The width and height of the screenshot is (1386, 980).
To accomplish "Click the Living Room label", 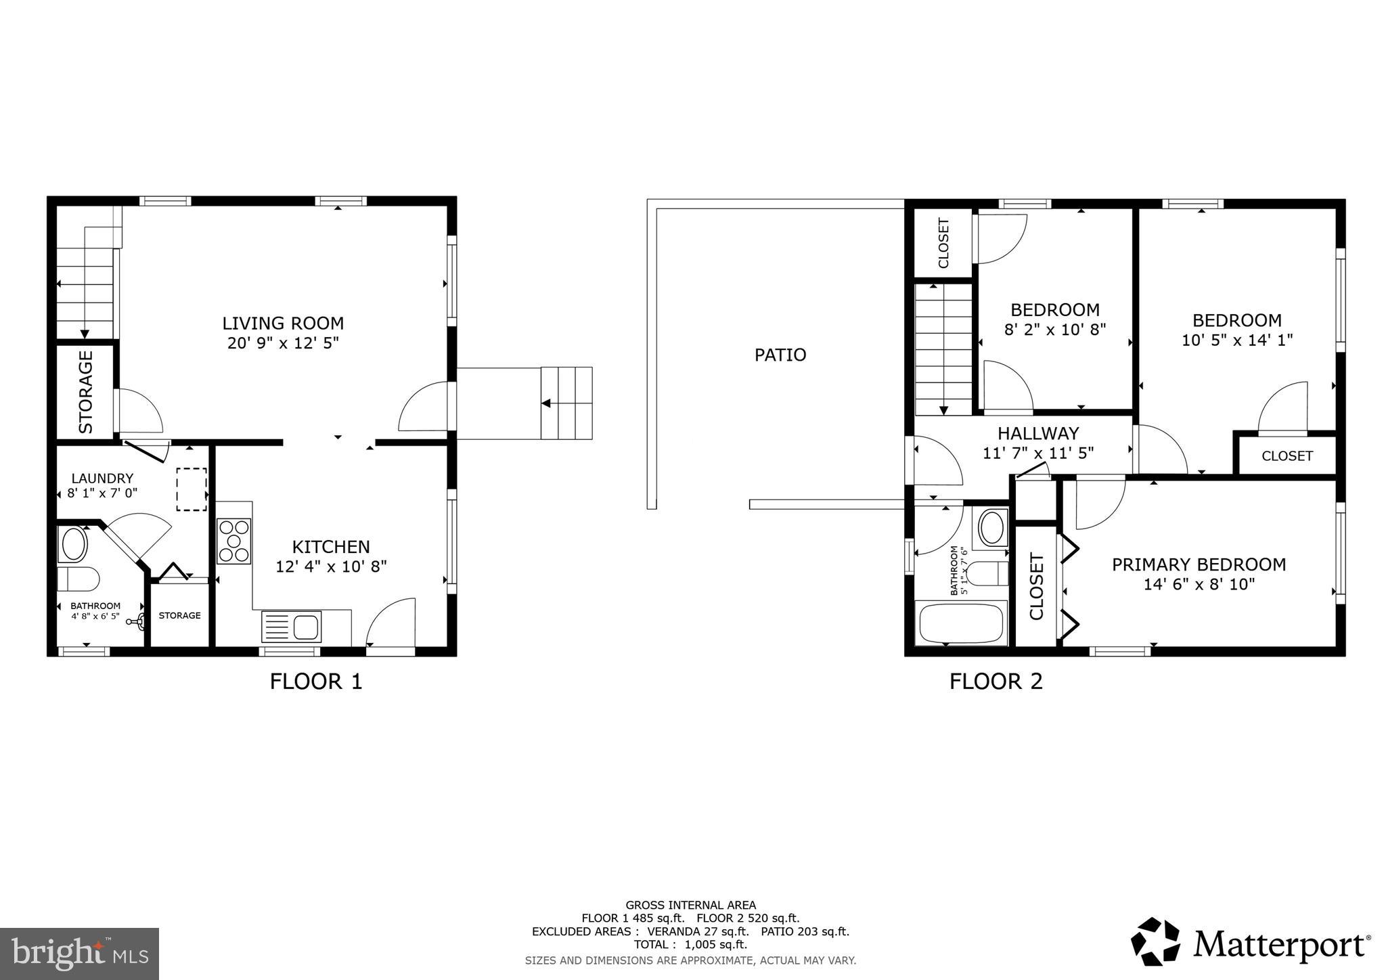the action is [x=283, y=323].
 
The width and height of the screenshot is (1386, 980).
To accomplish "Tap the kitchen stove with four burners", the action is [x=234, y=541].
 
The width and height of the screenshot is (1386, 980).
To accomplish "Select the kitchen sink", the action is [x=291, y=626].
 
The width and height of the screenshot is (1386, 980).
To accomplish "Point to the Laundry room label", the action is [x=102, y=478].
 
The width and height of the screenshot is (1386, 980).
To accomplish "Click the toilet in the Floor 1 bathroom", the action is [x=79, y=579].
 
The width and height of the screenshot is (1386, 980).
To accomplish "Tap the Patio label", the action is [x=780, y=355].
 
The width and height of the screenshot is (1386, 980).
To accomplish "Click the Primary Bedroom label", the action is [x=1199, y=564].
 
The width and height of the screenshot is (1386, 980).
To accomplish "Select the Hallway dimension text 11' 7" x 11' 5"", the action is [x=1038, y=453].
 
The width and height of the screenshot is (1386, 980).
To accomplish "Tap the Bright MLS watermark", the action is [x=80, y=954].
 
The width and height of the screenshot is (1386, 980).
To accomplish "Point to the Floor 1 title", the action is [x=316, y=681].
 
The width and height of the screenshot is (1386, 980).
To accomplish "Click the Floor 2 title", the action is [x=996, y=681].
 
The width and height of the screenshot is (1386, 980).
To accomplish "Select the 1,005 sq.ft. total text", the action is [x=716, y=944].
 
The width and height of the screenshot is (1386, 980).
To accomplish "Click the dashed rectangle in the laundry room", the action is [x=192, y=489].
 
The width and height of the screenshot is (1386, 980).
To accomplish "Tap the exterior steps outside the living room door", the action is [x=566, y=403].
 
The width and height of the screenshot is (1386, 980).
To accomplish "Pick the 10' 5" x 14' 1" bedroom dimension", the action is [x=1237, y=340].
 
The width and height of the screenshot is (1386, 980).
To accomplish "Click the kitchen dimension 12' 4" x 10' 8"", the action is [x=331, y=566].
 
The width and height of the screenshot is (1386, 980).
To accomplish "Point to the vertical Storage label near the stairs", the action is [x=86, y=392].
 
